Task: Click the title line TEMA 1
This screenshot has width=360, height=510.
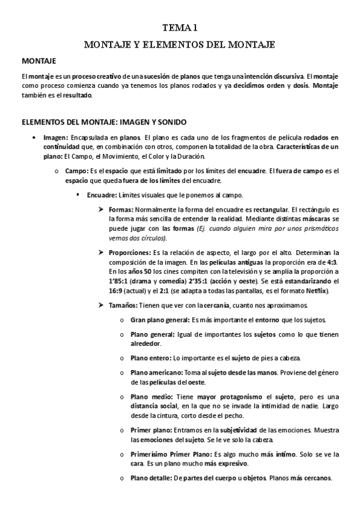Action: point(180,28)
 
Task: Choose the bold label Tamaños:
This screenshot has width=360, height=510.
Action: point(123,305)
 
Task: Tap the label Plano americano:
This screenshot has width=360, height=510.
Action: point(157,372)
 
